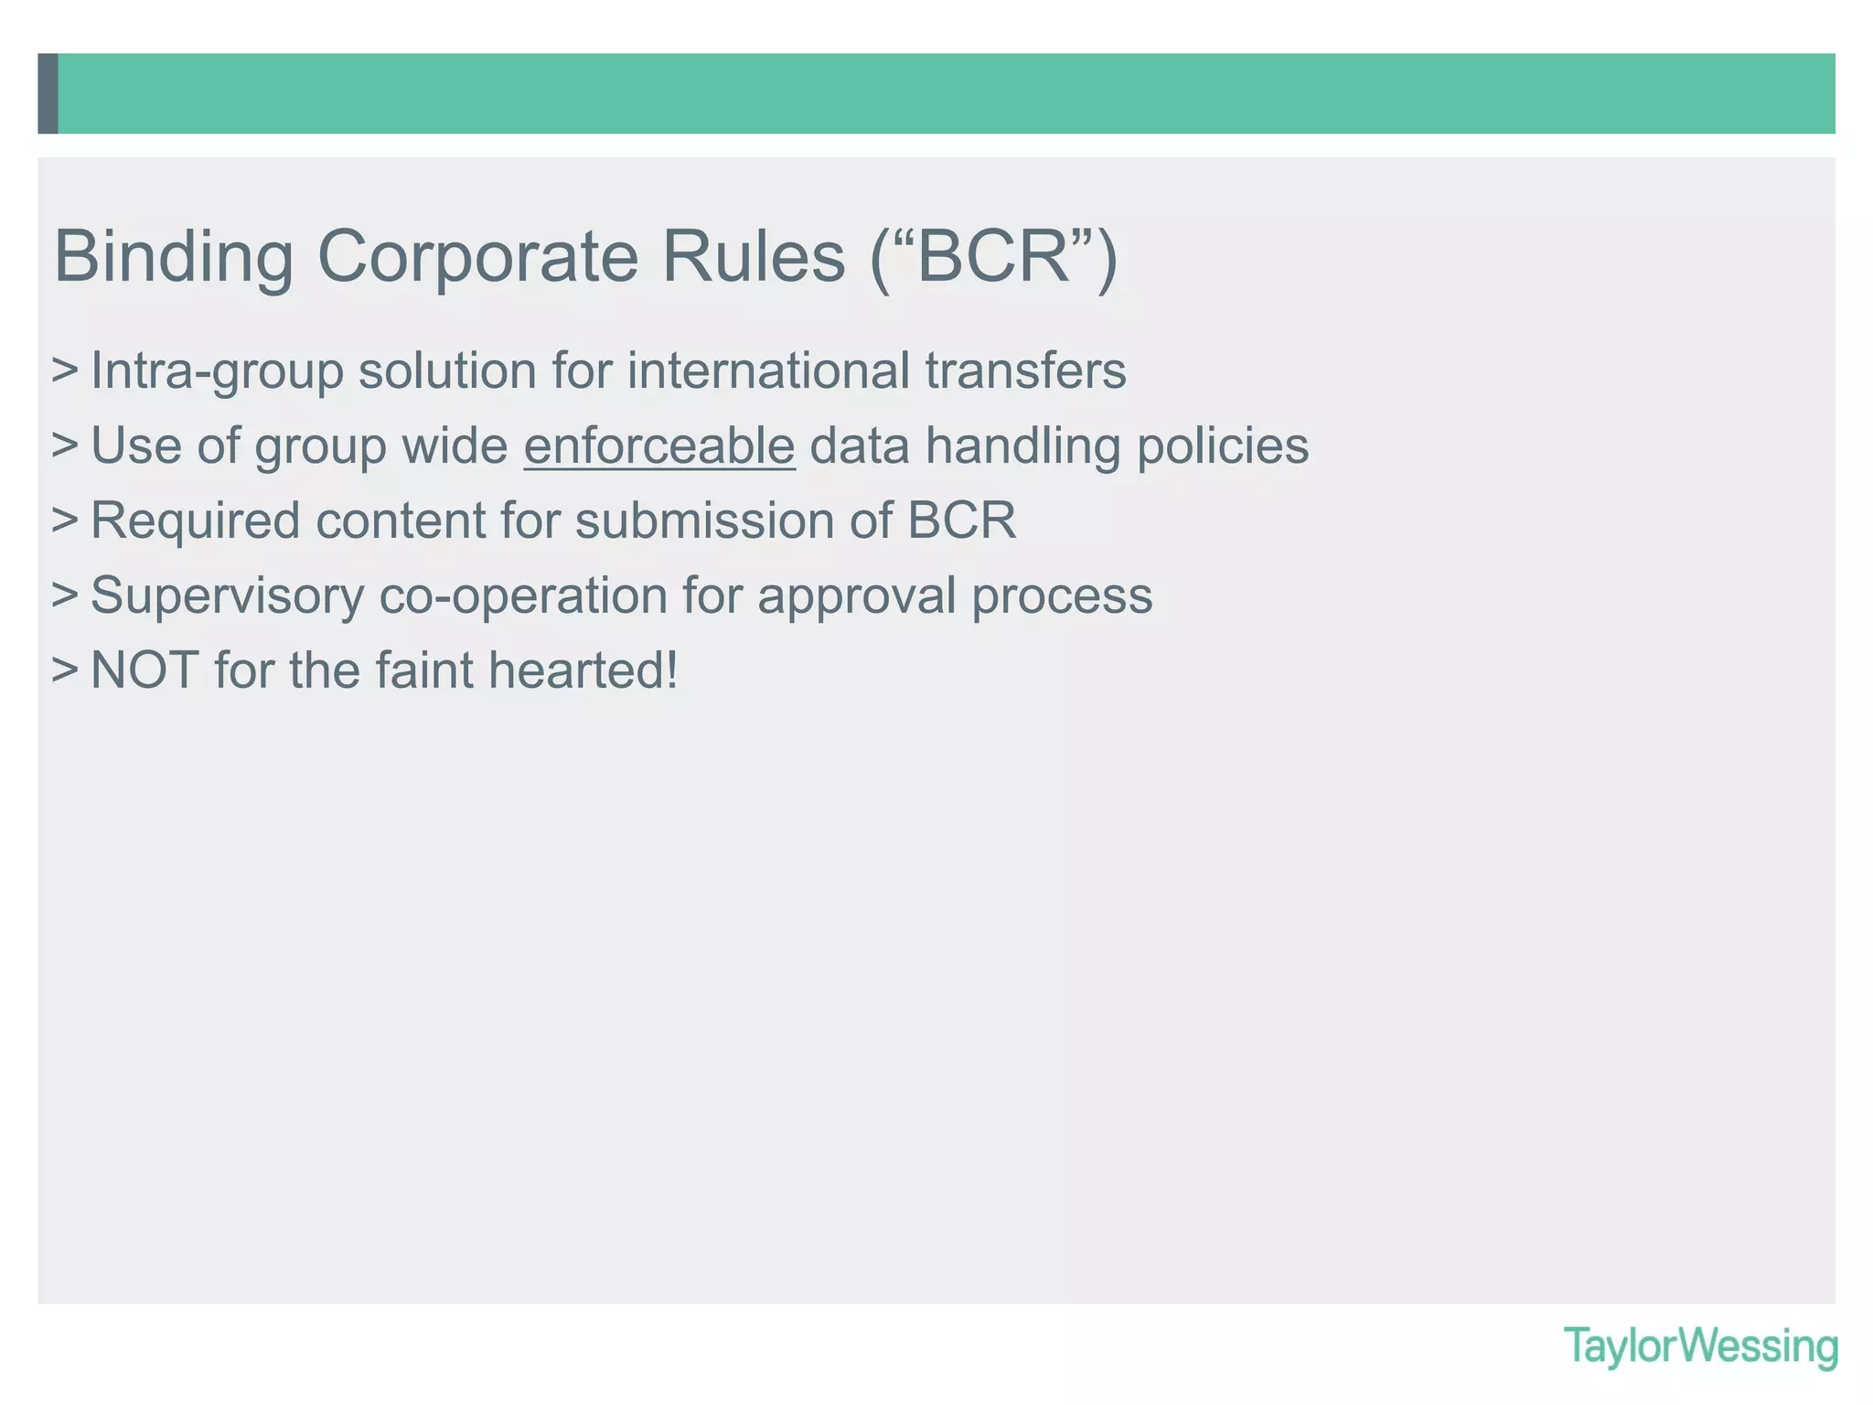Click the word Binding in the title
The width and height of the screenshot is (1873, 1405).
pyautogui.click(x=174, y=257)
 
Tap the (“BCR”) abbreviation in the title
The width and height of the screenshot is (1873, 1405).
pyautogui.click(x=994, y=257)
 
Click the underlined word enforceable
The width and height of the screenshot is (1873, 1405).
pyautogui.click(x=659, y=446)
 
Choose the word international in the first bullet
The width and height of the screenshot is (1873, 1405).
pyautogui.click(x=768, y=371)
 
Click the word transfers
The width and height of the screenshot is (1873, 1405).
pyautogui.click(x=1025, y=371)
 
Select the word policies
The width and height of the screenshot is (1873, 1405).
pyautogui.click(x=1223, y=446)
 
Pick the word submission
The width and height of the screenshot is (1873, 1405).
pyautogui.click(x=704, y=521)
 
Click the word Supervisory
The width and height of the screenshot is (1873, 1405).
pyautogui.click(x=227, y=596)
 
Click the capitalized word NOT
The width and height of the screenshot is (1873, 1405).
pyautogui.click(x=144, y=670)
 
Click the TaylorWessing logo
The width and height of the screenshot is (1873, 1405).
pyautogui.click(x=1700, y=1346)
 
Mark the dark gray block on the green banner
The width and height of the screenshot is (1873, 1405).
pyautogui.click(x=48, y=93)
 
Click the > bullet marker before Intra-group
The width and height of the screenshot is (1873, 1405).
pyautogui.click(x=65, y=371)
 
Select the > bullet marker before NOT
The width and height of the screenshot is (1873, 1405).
pyautogui.click(x=65, y=670)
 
